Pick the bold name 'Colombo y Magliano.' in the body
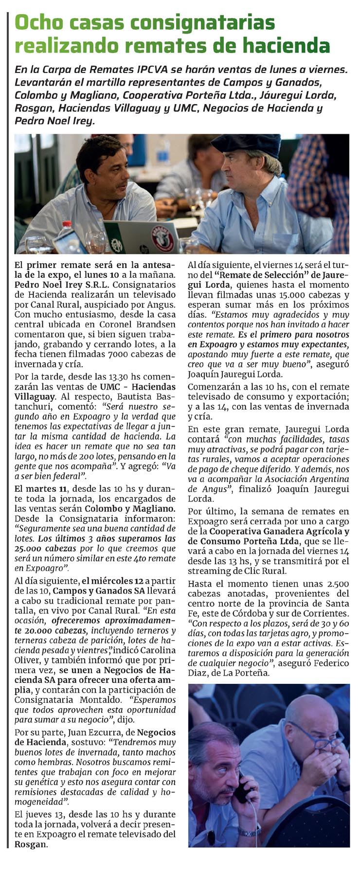pyautogui.click(x=130, y=508)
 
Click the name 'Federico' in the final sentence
pyautogui.click(x=330, y=663)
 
